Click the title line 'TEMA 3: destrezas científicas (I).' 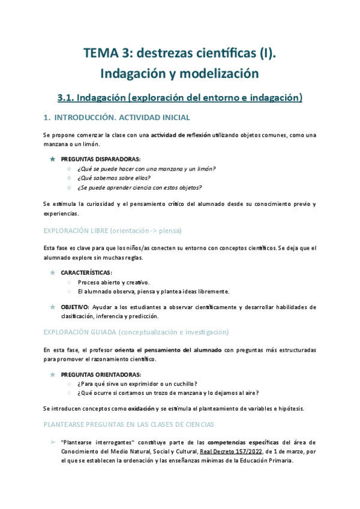(180, 54)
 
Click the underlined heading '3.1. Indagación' (92, 97)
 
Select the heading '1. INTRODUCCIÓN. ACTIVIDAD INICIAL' (117, 117)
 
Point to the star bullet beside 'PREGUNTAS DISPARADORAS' (53, 159)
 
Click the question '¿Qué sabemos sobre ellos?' (113, 178)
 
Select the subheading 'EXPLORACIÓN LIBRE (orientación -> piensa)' (112, 230)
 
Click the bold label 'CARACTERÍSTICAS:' (86, 273)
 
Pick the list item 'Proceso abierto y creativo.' (114, 282)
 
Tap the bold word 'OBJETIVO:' (75, 307)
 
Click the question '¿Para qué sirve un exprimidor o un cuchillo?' (137, 384)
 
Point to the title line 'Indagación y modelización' (180, 74)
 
